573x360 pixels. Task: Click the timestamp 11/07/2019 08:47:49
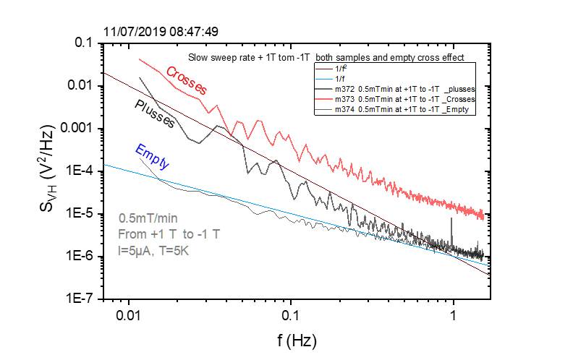click(x=161, y=32)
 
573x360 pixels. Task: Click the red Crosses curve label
click(x=187, y=81)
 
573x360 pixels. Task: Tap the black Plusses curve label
click(x=155, y=113)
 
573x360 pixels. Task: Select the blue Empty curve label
click(x=152, y=157)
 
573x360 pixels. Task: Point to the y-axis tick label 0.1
click(x=85, y=43)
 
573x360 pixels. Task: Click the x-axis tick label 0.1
click(x=291, y=316)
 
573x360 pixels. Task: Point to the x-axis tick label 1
click(x=453, y=316)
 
